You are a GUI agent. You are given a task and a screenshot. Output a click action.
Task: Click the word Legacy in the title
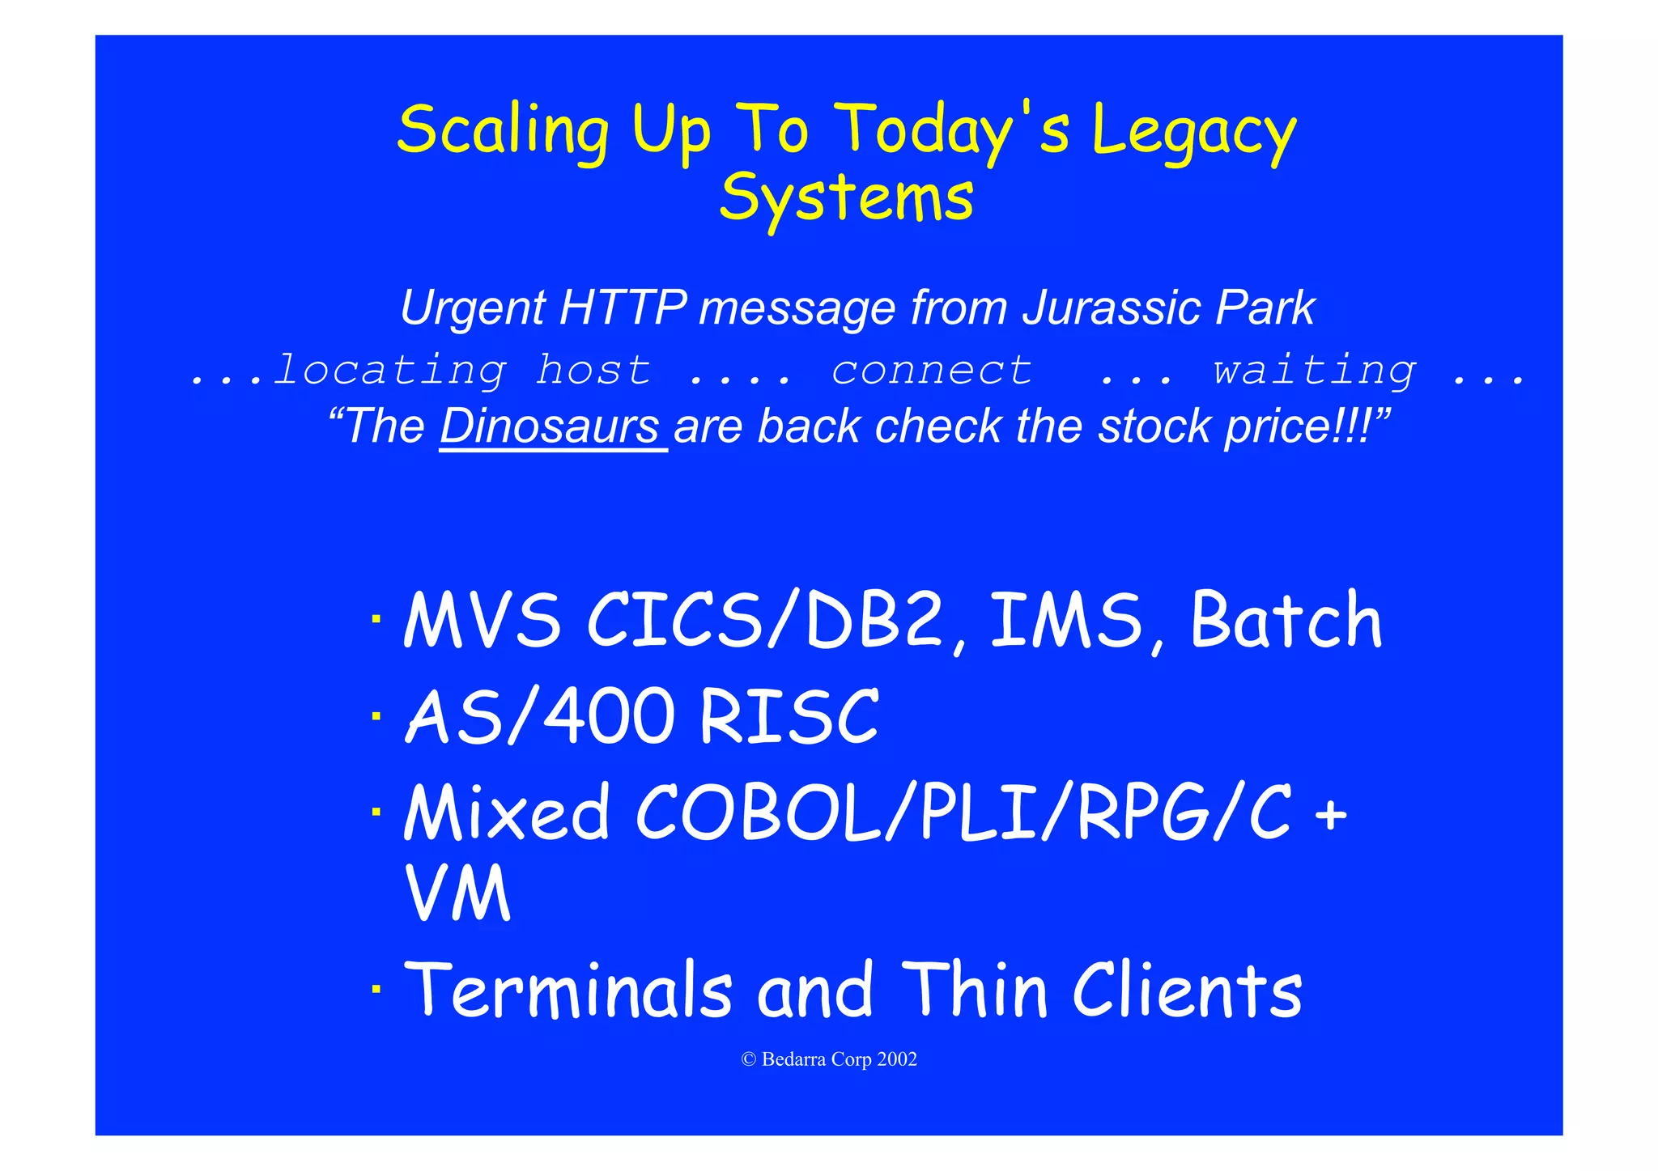click(x=1193, y=131)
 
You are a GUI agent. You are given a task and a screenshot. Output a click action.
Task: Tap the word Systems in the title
click(x=846, y=198)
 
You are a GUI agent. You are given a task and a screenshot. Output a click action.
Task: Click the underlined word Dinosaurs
click(x=551, y=426)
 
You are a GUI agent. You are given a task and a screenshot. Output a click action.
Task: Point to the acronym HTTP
click(x=623, y=308)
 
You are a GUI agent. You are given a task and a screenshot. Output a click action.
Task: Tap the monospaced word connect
click(x=932, y=371)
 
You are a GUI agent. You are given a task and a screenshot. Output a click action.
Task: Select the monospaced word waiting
click(x=1314, y=371)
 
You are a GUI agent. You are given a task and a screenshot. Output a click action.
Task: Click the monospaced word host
click(x=593, y=371)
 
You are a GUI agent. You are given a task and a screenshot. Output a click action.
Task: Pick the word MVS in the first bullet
click(x=483, y=621)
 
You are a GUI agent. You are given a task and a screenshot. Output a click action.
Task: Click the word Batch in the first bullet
click(x=1286, y=621)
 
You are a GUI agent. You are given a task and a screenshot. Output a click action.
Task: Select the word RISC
click(x=789, y=717)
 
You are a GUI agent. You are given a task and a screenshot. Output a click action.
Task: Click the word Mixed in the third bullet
click(x=506, y=812)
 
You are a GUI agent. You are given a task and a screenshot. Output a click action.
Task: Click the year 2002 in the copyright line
click(x=897, y=1060)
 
